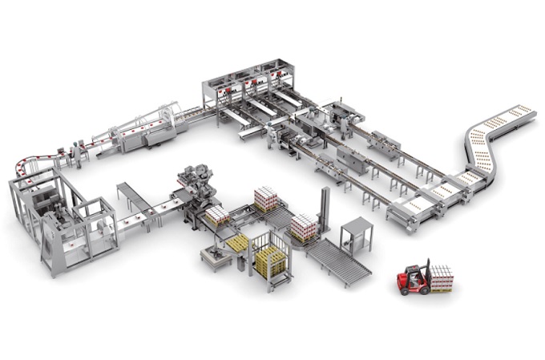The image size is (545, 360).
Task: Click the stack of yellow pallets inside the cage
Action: coord(270,261)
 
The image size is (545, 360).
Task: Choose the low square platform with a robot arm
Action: coord(215,257)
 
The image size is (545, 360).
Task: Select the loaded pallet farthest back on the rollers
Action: coord(266,198)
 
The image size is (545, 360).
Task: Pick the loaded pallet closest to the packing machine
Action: coord(217,215)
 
